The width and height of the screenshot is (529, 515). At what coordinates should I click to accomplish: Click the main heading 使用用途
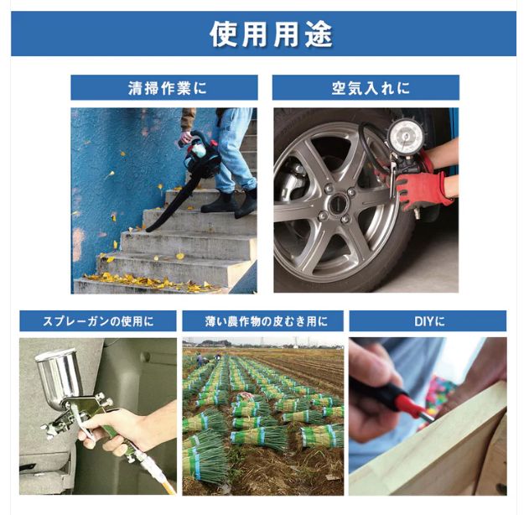tap(271, 34)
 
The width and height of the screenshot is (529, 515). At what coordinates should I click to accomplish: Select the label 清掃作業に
tap(163, 88)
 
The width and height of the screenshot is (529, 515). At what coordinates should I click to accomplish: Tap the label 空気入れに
tap(366, 88)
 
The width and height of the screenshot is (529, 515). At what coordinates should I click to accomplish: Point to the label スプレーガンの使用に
tap(98, 320)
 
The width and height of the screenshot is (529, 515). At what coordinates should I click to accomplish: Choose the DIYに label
tap(428, 320)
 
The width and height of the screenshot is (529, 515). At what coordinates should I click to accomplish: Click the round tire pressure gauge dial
tap(406, 138)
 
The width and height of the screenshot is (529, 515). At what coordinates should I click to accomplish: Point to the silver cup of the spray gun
tap(57, 373)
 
